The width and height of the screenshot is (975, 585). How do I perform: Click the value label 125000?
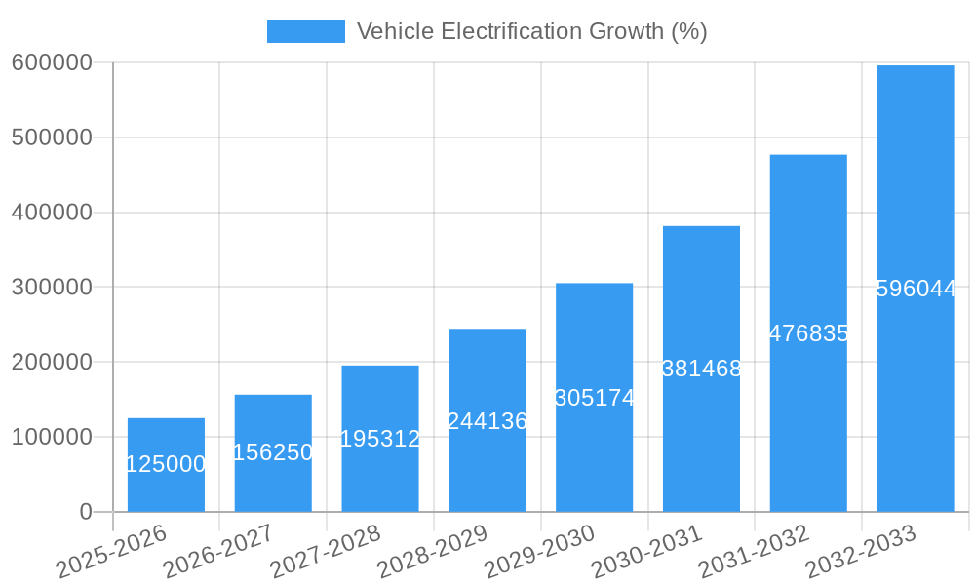[x=166, y=465]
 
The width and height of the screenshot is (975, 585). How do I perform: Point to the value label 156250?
[x=273, y=453]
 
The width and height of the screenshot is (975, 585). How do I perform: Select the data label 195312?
[x=380, y=439]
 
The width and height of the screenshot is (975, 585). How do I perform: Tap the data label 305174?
[x=594, y=398]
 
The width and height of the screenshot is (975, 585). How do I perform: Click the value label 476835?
[x=808, y=333]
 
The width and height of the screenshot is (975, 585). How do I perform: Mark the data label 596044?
[x=915, y=289]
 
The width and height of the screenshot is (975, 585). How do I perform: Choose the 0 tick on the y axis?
[x=86, y=512]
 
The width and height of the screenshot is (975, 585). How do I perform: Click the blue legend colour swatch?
[x=306, y=31]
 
